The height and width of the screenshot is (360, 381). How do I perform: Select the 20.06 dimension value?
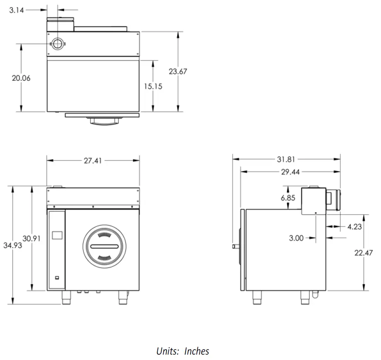click(21, 78)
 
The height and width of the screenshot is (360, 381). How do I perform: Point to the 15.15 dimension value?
click(153, 86)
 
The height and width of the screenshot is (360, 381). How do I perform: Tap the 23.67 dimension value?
click(178, 71)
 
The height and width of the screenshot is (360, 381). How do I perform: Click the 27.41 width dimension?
click(93, 161)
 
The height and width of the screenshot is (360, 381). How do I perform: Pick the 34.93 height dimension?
click(12, 245)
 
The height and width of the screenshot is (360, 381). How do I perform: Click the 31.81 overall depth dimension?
click(287, 158)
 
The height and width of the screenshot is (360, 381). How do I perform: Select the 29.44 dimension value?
click(291, 172)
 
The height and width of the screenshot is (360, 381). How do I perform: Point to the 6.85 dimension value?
click(288, 198)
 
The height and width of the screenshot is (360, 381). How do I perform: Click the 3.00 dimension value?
click(297, 238)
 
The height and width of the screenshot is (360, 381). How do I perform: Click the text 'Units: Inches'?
click(183, 351)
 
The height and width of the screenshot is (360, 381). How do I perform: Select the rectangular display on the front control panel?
click(57, 235)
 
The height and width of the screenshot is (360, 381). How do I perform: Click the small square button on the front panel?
click(57, 278)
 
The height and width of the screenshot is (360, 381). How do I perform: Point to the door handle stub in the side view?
click(236, 246)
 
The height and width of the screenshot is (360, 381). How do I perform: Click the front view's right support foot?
click(123, 297)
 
